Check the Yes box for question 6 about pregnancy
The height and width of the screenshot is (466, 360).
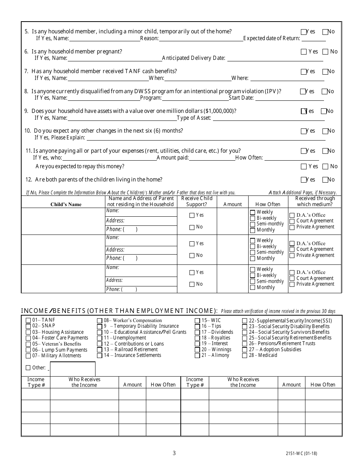coord(304,52)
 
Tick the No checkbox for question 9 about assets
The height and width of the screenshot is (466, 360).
coord(324,111)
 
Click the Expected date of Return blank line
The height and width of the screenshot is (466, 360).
coord(313,38)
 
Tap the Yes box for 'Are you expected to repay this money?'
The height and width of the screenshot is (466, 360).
coord(304,166)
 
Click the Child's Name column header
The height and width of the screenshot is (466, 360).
coord(66,205)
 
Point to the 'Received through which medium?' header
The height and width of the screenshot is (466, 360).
coord(315,201)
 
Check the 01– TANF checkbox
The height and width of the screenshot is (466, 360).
coord(28,321)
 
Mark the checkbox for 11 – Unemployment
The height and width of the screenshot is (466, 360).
coord(100,338)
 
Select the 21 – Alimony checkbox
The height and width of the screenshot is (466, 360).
coord(197,356)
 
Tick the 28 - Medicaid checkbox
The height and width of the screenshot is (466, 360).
coord(245,355)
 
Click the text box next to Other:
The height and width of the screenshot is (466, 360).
coord(72,369)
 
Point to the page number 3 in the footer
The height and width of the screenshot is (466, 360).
coord(174,453)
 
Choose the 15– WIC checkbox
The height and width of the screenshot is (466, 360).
coord(197,321)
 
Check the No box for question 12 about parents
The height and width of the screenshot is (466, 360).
coord(325,180)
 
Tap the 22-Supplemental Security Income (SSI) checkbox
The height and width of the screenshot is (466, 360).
coord(245,321)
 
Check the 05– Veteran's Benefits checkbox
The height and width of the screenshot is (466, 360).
coord(28,344)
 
